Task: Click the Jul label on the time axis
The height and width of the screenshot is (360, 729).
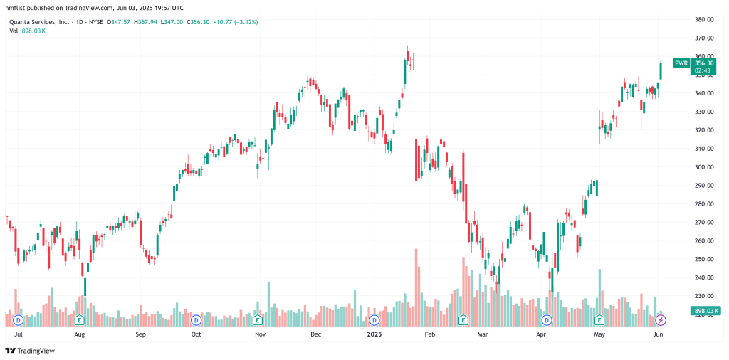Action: [x=19, y=334]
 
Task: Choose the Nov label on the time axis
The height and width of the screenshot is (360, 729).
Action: [x=260, y=334]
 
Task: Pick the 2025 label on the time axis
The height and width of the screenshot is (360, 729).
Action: [x=374, y=334]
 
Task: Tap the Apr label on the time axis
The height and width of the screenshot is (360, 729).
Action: [x=542, y=334]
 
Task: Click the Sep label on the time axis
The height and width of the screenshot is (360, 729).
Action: [x=140, y=334]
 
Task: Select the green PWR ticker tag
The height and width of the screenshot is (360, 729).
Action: [x=681, y=63]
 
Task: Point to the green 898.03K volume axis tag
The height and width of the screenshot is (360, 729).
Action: [x=704, y=311]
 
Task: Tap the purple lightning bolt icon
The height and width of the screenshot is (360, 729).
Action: [x=661, y=320]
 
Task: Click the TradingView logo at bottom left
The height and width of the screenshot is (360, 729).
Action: [x=31, y=350]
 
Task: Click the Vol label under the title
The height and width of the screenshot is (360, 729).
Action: [x=14, y=31]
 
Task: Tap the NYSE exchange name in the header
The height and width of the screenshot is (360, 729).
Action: [x=95, y=22]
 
